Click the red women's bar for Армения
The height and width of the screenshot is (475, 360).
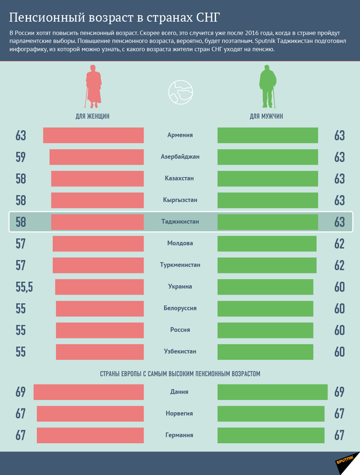click(x=94, y=136)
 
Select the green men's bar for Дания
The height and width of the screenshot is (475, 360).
click(x=272, y=392)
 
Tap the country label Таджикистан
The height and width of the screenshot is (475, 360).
click(x=180, y=222)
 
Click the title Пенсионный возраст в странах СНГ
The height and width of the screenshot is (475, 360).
click(x=114, y=14)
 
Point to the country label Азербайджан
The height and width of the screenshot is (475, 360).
click(x=180, y=157)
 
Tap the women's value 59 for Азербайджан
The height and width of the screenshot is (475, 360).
click(x=20, y=157)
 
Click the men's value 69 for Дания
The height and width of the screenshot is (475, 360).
click(x=340, y=392)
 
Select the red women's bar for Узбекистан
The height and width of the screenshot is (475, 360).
click(x=100, y=351)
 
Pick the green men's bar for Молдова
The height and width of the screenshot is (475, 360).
click(x=266, y=243)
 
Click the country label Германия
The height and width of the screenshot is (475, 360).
click(x=180, y=435)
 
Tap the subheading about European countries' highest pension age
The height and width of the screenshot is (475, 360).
click(x=180, y=374)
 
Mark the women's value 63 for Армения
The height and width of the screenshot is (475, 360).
click(x=20, y=136)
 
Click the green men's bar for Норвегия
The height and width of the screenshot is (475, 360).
click(x=271, y=414)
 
